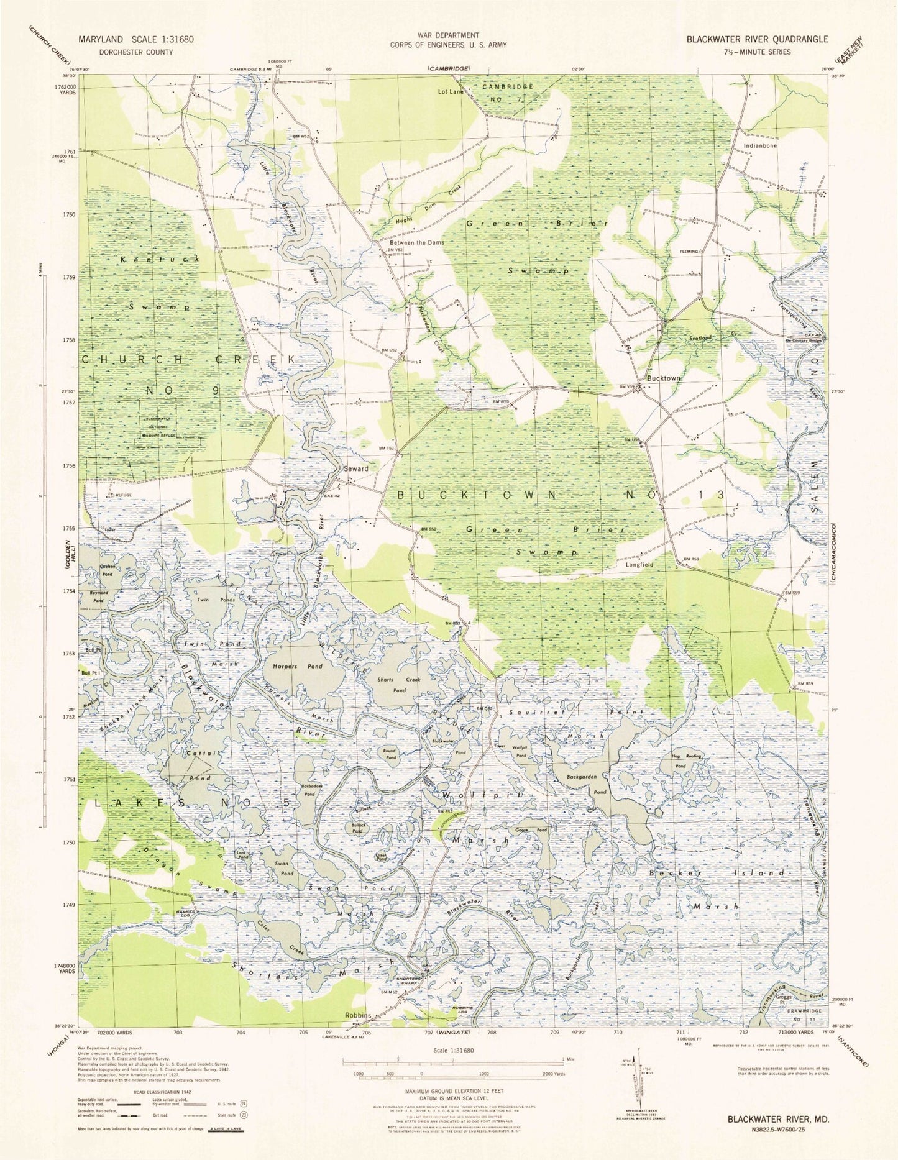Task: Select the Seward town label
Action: pyautogui.click(x=356, y=469)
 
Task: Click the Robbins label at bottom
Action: pyautogui.click(x=358, y=1015)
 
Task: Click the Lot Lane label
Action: pyautogui.click(x=451, y=92)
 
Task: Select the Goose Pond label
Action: pyautogui.click(x=531, y=830)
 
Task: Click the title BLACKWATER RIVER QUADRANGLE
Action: pyautogui.click(x=757, y=39)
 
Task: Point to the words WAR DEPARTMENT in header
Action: pyautogui.click(x=448, y=35)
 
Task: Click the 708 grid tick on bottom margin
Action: pyautogui.click(x=492, y=1033)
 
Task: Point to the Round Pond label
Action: pyautogui.click(x=388, y=754)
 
